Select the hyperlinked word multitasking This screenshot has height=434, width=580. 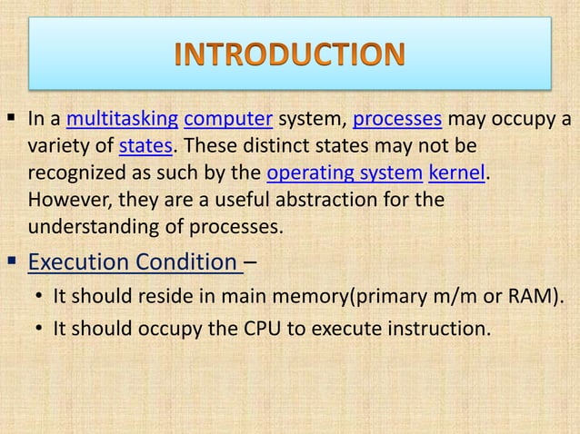click(x=122, y=118)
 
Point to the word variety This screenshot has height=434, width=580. click(x=59, y=145)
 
